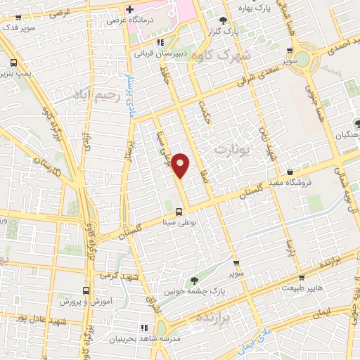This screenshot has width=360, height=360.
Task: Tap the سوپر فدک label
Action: pos(20,27)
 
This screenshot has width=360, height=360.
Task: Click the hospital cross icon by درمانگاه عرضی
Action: pos(129,9)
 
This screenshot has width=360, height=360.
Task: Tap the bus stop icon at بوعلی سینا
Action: pos(179,211)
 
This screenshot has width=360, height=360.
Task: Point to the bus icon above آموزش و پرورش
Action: pos(86,290)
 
